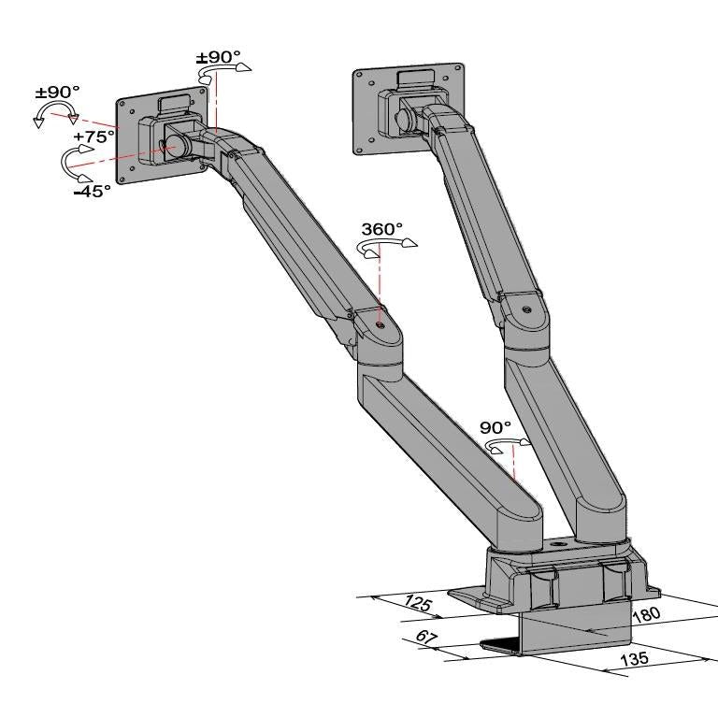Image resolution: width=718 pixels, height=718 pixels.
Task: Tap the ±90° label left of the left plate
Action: tap(57, 92)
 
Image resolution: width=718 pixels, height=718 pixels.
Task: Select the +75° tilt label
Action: tap(93, 136)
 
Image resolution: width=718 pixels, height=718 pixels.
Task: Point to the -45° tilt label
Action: tap(92, 190)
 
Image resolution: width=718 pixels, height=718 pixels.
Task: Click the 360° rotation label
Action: tap(381, 228)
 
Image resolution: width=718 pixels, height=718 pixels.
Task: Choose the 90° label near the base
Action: tap(495, 427)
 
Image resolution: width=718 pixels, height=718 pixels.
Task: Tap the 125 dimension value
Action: tap(418, 604)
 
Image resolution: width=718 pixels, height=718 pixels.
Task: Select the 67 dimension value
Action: tap(427, 639)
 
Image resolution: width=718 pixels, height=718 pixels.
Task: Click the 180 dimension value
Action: tap(647, 614)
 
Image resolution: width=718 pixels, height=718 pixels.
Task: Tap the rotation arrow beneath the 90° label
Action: tap(509, 445)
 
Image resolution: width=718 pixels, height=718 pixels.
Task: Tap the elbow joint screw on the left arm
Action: tap(380, 324)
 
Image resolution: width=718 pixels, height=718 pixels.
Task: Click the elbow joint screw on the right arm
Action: tap(528, 309)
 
